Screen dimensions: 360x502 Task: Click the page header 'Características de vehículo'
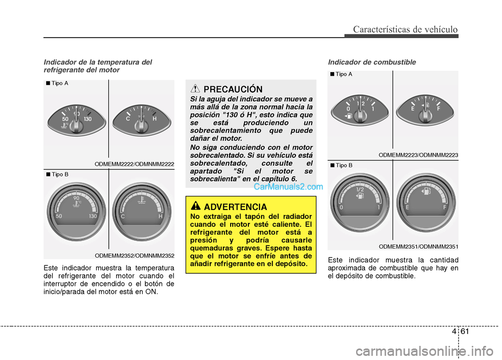(405, 29)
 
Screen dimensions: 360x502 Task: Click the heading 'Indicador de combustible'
(372, 62)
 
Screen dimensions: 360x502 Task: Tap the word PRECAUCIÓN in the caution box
(233, 89)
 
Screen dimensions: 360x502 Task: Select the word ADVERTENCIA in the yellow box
(235, 206)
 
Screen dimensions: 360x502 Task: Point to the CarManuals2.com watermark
(288, 186)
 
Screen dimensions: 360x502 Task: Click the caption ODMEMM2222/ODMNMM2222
(134, 164)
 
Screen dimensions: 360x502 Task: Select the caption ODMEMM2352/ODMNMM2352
(134, 256)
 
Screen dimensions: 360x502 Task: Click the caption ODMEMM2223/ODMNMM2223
(418, 155)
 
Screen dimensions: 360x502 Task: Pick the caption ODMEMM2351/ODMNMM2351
(418, 246)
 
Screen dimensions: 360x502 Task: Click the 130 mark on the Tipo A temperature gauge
(87, 120)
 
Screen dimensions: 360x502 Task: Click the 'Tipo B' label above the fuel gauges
(343, 166)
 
